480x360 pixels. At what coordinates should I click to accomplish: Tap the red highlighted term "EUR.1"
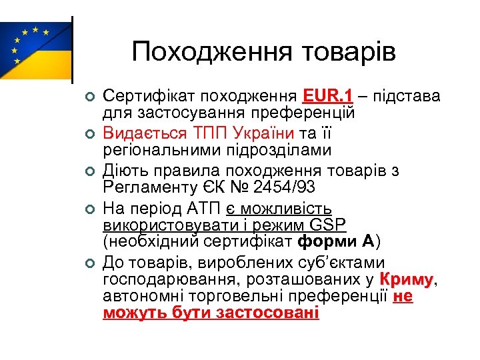[x=327, y=96]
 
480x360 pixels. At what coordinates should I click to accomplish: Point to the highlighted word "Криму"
[x=406, y=279]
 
